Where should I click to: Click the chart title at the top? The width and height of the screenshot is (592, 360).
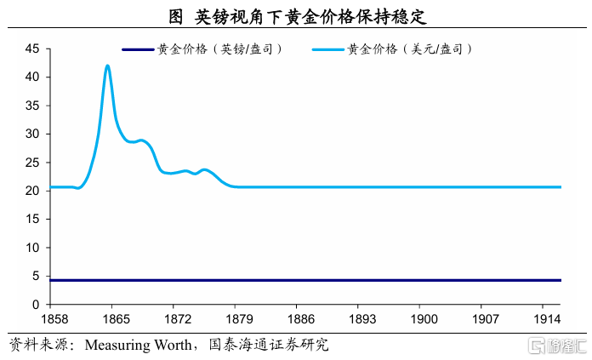coord(297,16)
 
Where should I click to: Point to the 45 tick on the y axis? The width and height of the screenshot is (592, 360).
coord(31,49)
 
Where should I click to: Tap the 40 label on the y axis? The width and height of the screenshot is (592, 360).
coord(31,77)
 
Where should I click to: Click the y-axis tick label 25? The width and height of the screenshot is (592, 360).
coord(31,163)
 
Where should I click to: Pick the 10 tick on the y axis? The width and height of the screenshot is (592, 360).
coord(31,248)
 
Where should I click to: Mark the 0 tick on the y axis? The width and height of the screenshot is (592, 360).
coord(35,305)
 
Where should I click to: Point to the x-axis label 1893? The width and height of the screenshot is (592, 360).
coord(358,318)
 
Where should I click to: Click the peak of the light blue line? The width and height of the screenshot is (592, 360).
coord(107,66)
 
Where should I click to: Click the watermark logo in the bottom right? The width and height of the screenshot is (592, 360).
coord(558,346)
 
